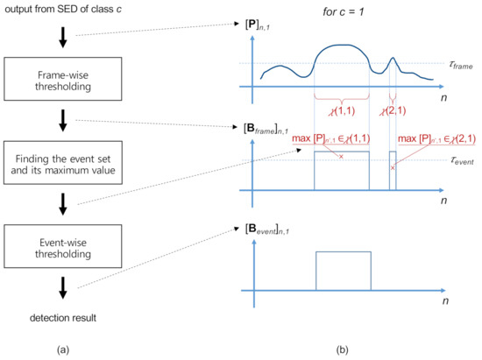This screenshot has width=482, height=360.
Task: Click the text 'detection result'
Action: [62, 315]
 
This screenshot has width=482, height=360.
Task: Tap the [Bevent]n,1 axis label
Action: [273, 230]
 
